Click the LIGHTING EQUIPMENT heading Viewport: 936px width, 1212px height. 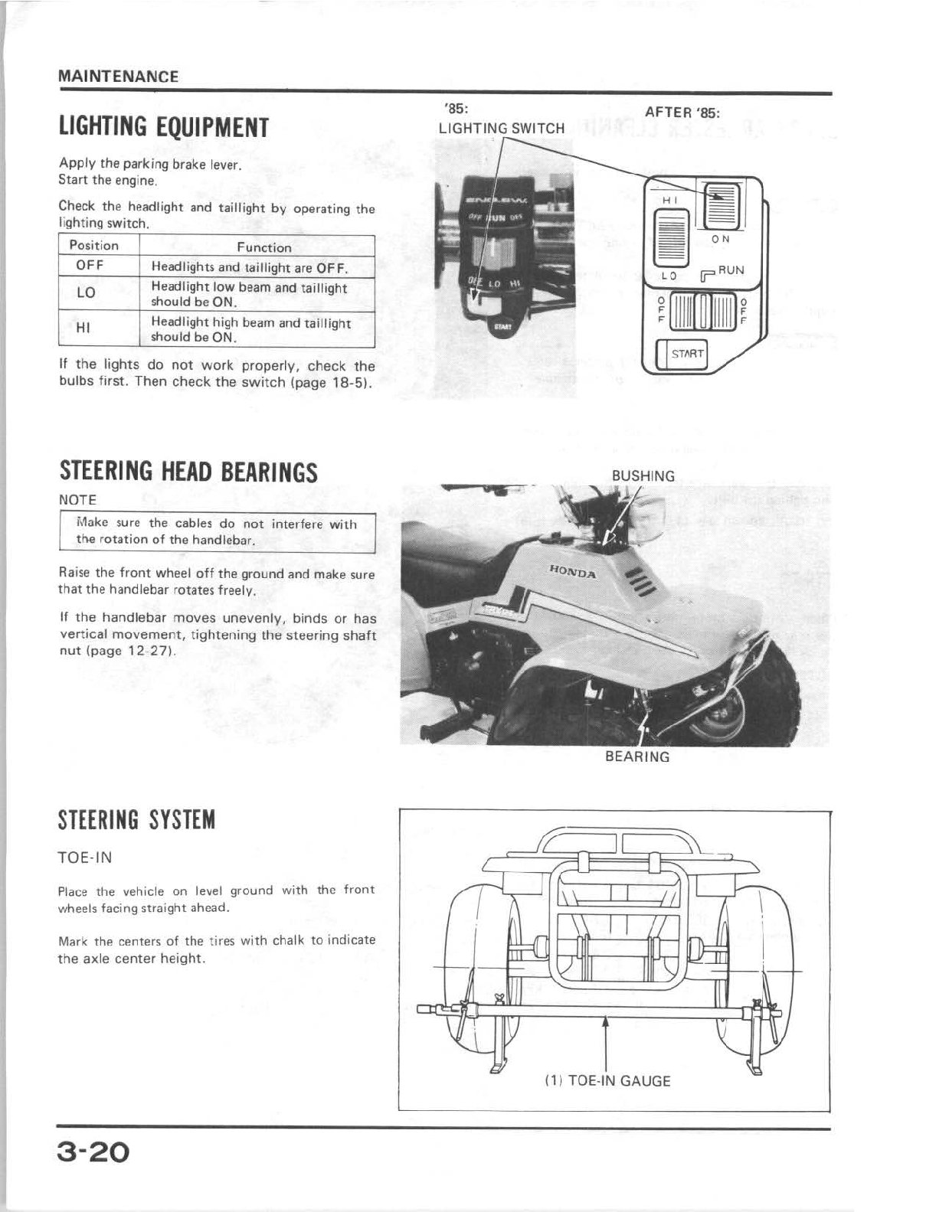[164, 127]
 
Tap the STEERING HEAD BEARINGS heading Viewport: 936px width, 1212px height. [188, 472]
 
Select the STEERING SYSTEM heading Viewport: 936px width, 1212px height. [137, 820]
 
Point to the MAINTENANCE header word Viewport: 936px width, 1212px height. [118, 77]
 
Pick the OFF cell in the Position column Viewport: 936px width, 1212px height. [90, 266]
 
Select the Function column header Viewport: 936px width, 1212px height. [263, 247]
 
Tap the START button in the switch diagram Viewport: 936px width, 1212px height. [686, 354]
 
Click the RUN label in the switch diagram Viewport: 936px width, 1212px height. [731, 270]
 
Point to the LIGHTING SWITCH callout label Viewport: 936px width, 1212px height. [501, 129]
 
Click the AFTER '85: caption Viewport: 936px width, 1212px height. [683, 112]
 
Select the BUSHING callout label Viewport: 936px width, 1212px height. [643, 475]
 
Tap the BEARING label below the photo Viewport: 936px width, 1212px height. [637, 756]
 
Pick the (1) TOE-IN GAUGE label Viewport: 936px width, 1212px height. [607, 1080]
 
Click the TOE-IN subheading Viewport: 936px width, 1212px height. [85, 858]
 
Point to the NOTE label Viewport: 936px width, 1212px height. [77, 500]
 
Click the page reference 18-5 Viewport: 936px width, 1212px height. [348, 381]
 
